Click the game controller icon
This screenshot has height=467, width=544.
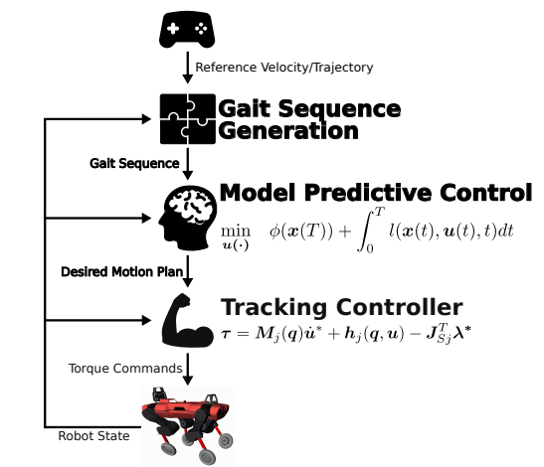pyautogui.click(x=187, y=30)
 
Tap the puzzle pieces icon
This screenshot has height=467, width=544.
pyautogui.click(x=188, y=119)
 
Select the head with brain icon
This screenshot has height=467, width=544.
pyautogui.click(x=188, y=218)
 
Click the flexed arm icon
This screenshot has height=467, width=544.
pyautogui.click(x=188, y=320)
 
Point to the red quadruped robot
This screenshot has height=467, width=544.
pyautogui.click(x=187, y=425)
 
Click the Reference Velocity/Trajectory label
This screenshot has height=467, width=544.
pyautogui.click(x=284, y=68)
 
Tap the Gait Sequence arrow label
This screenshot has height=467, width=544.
pyautogui.click(x=134, y=163)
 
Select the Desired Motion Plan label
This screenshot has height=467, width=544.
pyautogui.click(x=121, y=272)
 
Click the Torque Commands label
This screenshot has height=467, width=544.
pyautogui.click(x=125, y=369)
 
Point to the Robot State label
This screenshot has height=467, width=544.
pyautogui.click(x=93, y=436)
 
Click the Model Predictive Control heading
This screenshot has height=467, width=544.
pyautogui.click(x=376, y=193)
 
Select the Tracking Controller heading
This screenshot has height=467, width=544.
pyautogui.click(x=342, y=307)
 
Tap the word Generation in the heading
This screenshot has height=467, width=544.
pyautogui.click(x=288, y=131)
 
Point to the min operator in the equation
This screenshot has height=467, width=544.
pyautogui.click(x=236, y=231)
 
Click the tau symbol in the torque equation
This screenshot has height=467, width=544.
pyautogui.click(x=226, y=334)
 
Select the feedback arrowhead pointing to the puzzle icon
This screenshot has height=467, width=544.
pyautogui.click(x=147, y=119)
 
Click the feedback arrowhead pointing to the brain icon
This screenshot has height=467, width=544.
pyautogui.click(x=147, y=218)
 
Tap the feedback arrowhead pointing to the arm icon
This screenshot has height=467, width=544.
pyautogui.click(x=147, y=320)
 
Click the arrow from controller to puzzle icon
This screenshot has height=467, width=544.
pyautogui.click(x=188, y=68)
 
